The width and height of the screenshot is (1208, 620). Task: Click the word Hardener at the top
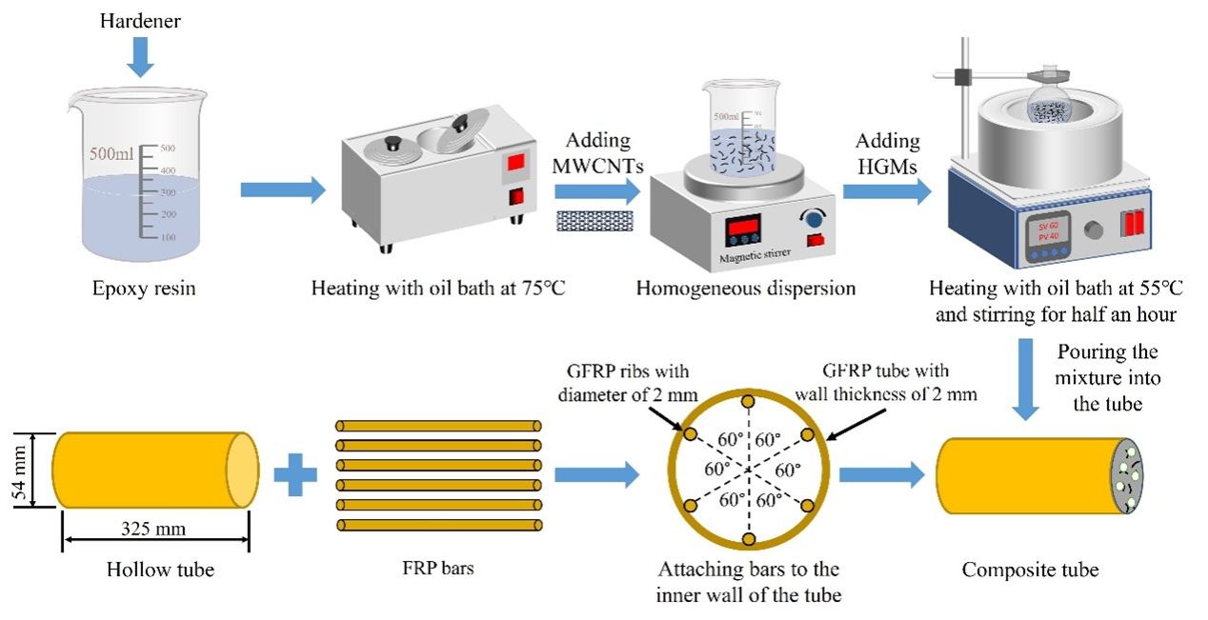point(140,18)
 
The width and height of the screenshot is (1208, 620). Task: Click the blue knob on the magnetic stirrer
point(814,220)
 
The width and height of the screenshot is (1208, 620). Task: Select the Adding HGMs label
point(888,152)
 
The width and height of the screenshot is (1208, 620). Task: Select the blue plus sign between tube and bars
point(295,473)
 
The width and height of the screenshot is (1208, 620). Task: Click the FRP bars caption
point(437,570)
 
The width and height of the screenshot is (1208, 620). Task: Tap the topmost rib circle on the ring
point(748,401)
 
